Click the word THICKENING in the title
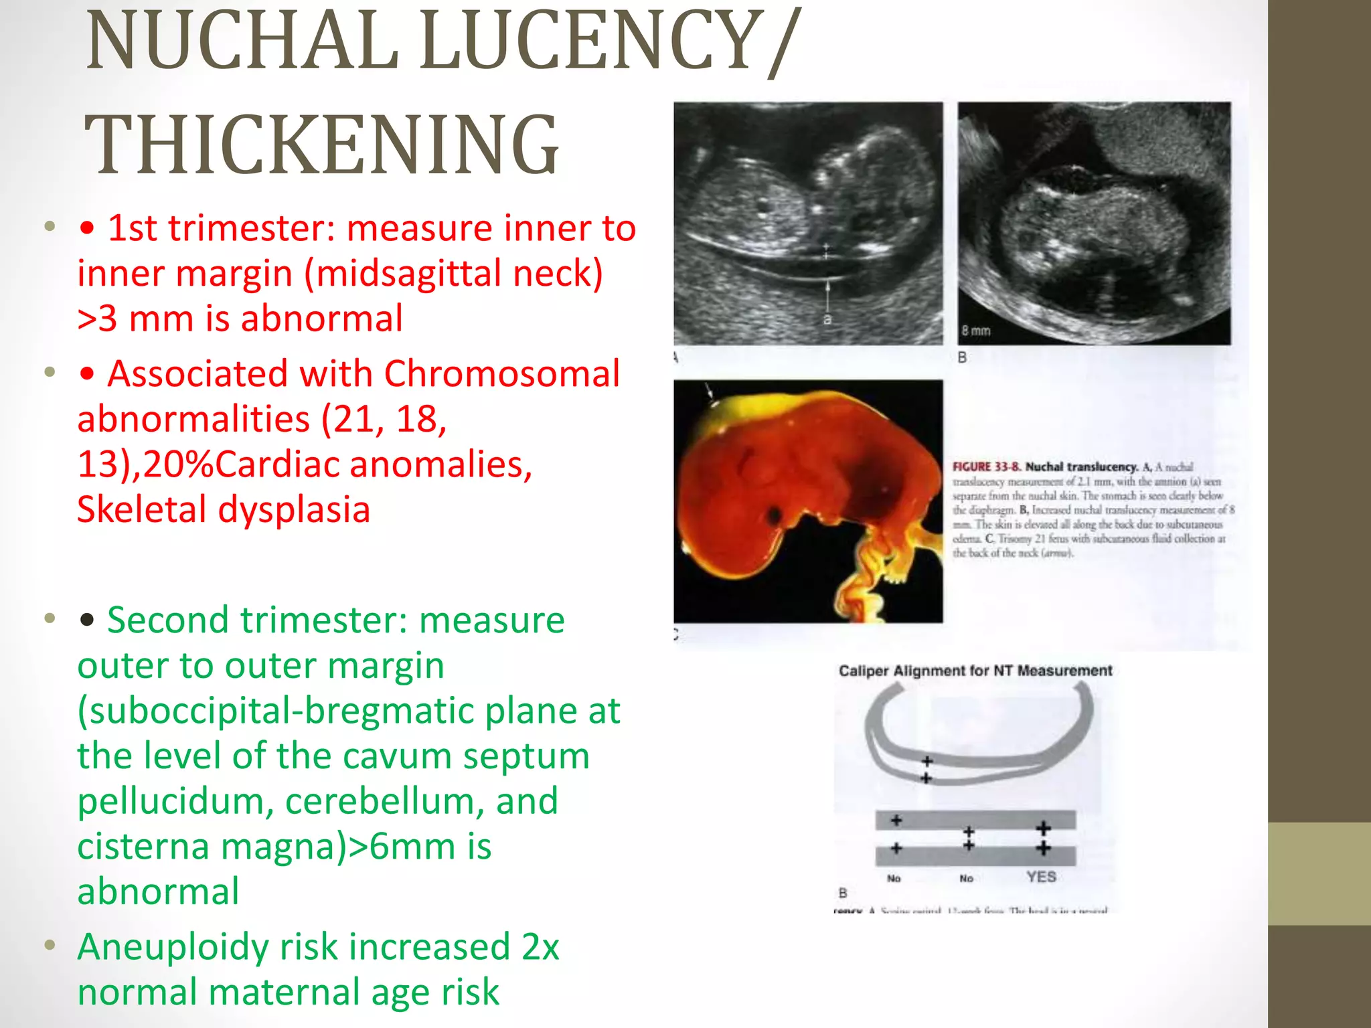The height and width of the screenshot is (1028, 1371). pyautogui.click(x=321, y=145)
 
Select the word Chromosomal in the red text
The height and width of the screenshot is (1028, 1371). pyautogui.click(x=501, y=373)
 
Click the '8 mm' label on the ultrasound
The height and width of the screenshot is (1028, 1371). pyautogui.click(x=976, y=331)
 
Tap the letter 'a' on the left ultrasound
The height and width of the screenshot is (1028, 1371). pyautogui.click(x=827, y=320)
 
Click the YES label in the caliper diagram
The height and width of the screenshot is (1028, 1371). pyautogui.click(x=1041, y=877)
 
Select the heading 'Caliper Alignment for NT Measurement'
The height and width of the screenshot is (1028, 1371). pyautogui.click(x=975, y=671)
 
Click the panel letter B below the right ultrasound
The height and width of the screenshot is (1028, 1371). pyautogui.click(x=962, y=357)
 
